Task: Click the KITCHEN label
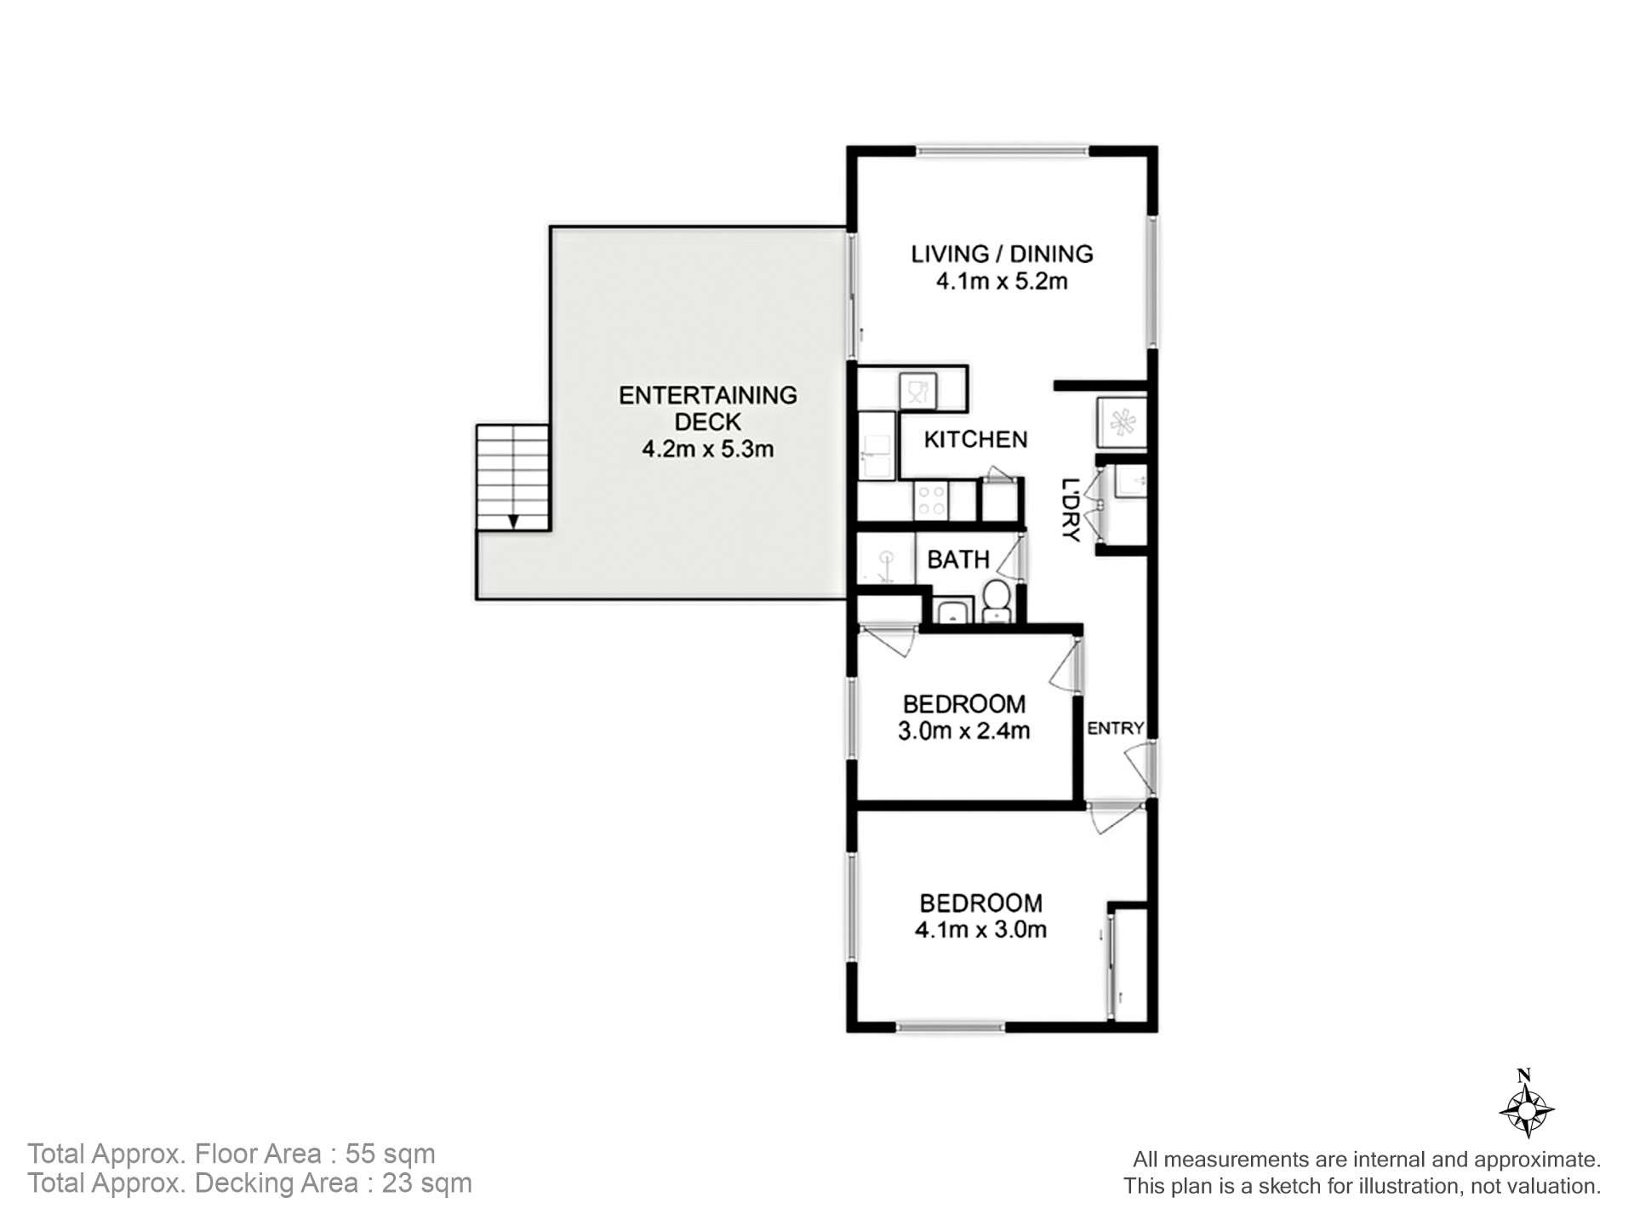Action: (x=975, y=439)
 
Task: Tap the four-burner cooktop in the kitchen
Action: (x=931, y=500)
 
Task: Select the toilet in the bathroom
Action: (x=996, y=600)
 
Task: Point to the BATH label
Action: (x=958, y=559)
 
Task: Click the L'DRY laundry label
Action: (x=1071, y=510)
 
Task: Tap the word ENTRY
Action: (x=1115, y=728)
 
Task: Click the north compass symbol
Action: (x=1527, y=1104)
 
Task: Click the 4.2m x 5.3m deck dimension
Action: (x=708, y=449)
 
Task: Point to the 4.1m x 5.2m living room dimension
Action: (x=1002, y=281)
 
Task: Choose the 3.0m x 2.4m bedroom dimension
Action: (x=964, y=730)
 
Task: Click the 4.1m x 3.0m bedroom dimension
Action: (x=980, y=929)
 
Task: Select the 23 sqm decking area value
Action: (x=426, y=1183)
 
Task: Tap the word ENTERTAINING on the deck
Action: (x=708, y=395)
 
